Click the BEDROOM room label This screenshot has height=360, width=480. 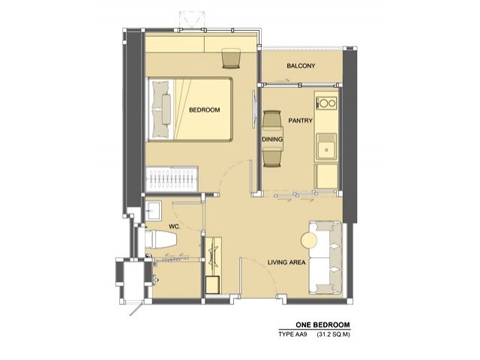click(204, 110)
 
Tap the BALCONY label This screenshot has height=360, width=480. click(301, 66)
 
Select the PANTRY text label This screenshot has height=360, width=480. click(300, 121)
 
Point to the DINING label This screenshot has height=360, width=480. click(272, 139)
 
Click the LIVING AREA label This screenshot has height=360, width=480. click(286, 262)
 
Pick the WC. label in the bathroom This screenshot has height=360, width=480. click(175, 226)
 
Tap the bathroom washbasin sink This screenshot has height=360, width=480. click(153, 210)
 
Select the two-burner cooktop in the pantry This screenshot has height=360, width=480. click(326, 103)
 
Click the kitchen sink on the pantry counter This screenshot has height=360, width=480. click(327, 147)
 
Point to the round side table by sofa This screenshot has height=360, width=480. click(310, 240)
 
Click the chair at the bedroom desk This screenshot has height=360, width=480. click(232, 58)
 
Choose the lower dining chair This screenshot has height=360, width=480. click(271, 157)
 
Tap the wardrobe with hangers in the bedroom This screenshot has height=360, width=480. click(172, 179)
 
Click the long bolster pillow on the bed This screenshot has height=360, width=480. click(166, 109)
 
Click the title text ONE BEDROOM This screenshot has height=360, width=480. click(322, 325)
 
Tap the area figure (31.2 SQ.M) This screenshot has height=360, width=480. click(333, 334)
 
